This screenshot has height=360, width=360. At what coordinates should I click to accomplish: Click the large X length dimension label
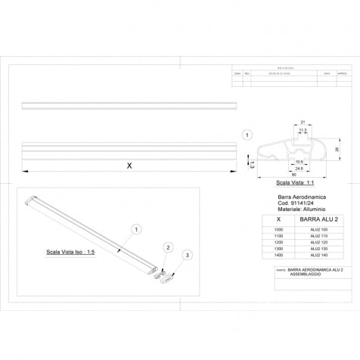tap(129, 166)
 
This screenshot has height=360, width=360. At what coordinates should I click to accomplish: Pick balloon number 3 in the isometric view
tap(189, 256)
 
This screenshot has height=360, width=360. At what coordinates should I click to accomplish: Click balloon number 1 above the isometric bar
tap(136, 228)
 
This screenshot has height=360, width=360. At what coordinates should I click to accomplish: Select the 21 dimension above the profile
tap(303, 121)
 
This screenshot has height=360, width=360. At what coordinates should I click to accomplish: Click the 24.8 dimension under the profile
tap(299, 169)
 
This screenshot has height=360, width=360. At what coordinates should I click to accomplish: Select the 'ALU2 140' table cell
tap(317, 257)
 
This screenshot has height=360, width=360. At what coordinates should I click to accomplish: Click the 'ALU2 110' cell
tap(317, 236)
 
